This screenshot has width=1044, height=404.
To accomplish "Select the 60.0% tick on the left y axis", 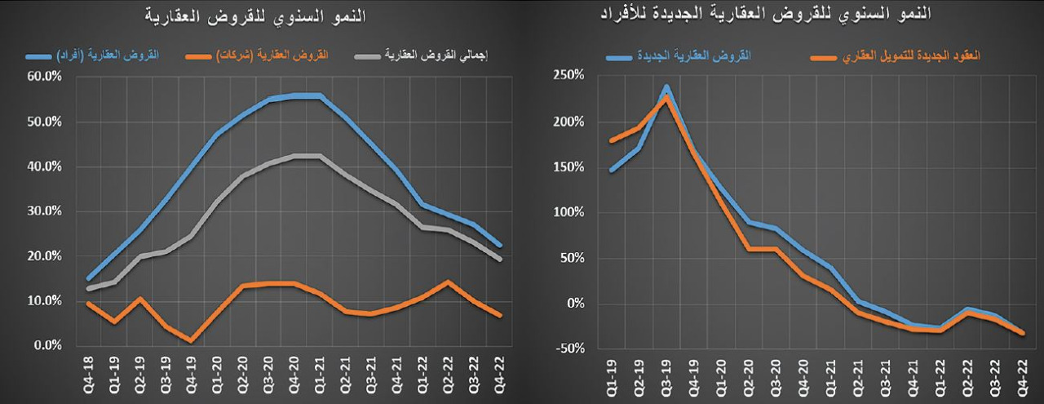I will click(44, 77).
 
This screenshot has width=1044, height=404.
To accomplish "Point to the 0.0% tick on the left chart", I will click(47, 346).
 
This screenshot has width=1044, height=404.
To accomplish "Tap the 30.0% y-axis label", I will click(44, 211).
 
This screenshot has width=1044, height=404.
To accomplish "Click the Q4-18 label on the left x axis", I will click(88, 372).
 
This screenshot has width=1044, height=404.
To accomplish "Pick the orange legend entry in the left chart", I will click(271, 55).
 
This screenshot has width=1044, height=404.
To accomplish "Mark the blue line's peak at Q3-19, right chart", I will click(666, 87).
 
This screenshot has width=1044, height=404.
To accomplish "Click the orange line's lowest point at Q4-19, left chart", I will click(190, 340).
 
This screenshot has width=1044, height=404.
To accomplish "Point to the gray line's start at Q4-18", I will click(88, 289).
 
